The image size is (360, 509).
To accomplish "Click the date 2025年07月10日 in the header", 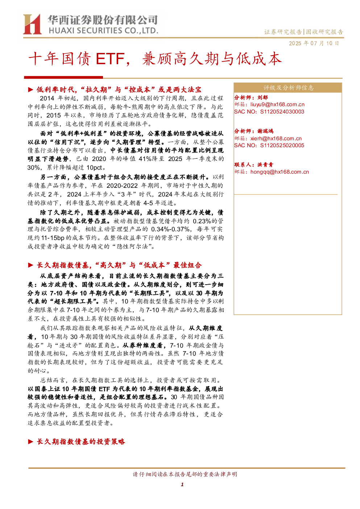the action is (314, 43).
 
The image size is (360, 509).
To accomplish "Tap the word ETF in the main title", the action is (110, 59).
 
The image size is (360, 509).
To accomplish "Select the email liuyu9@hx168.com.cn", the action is (277, 104).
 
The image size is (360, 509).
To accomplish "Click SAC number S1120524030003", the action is (282, 112).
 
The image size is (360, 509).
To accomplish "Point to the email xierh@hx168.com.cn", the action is (276, 138).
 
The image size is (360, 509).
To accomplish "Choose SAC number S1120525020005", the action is (282, 145).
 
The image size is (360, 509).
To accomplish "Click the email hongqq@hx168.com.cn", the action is (280, 172).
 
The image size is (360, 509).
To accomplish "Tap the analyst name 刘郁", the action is (262, 98).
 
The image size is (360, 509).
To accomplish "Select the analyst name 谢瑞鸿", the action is (265, 131).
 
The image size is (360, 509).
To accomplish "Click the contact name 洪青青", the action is (265, 165).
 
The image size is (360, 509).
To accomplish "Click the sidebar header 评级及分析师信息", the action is (289, 88).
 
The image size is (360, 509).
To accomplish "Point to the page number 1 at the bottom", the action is (182, 484).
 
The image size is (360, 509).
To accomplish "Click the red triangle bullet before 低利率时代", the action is (31, 90).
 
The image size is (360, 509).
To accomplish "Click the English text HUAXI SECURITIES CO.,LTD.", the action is (103, 31).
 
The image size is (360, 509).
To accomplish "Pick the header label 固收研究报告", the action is (324, 32).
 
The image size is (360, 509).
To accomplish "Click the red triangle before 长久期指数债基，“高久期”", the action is (31, 265).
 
